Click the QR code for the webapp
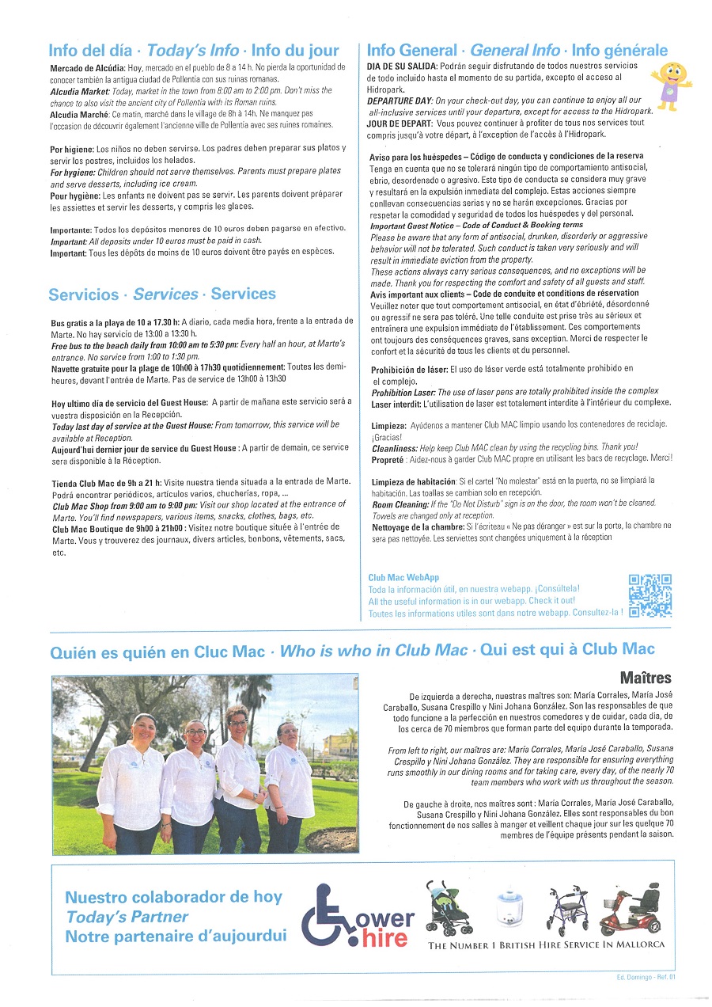650,595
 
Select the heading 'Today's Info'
193,51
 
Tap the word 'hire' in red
384,939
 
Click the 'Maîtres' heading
646,678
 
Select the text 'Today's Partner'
127,917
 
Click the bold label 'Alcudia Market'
80,91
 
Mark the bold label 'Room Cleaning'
400,503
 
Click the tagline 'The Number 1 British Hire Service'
546,945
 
